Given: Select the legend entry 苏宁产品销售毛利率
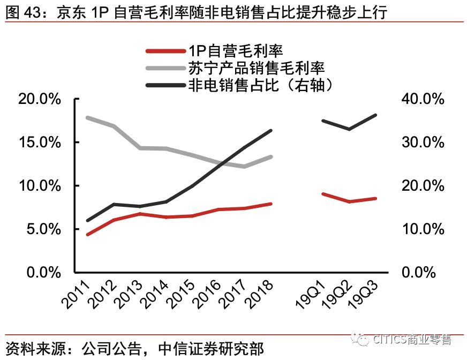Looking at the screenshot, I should (257, 68).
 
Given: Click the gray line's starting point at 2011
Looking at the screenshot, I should (87, 117).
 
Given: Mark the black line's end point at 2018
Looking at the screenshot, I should (271, 130).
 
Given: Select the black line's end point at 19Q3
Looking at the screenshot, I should (376, 115).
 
